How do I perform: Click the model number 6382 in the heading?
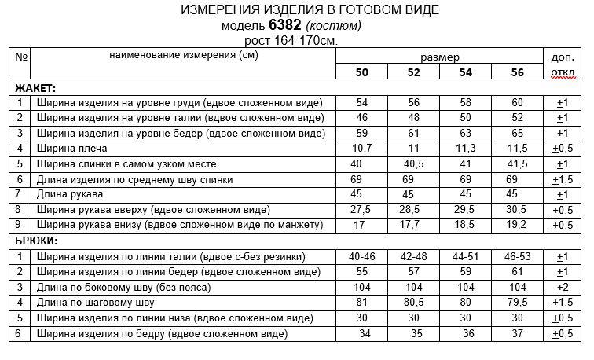[x=285, y=25]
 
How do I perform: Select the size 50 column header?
[x=362, y=72]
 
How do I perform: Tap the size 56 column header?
[x=517, y=72]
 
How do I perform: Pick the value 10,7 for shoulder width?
[x=362, y=149]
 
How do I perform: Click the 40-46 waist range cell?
[x=362, y=257]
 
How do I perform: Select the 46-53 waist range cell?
[x=517, y=257]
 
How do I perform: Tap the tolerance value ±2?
[x=563, y=288]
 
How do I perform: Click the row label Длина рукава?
[x=66, y=195]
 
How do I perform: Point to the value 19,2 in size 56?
[x=517, y=226]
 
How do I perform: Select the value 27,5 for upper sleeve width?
[x=362, y=211]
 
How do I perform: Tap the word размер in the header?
[x=440, y=57]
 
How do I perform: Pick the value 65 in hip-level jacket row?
[x=517, y=133]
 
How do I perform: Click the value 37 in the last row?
[x=517, y=334]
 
